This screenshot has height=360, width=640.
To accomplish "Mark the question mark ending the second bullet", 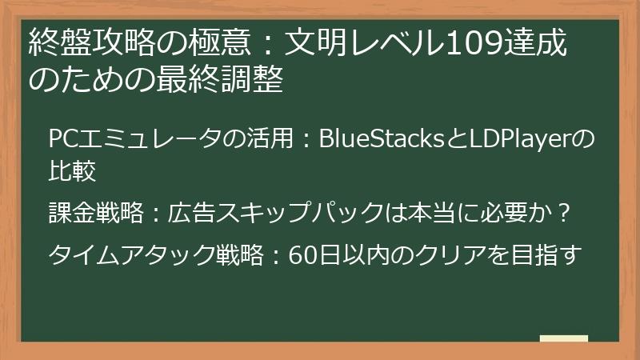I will (563, 214).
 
